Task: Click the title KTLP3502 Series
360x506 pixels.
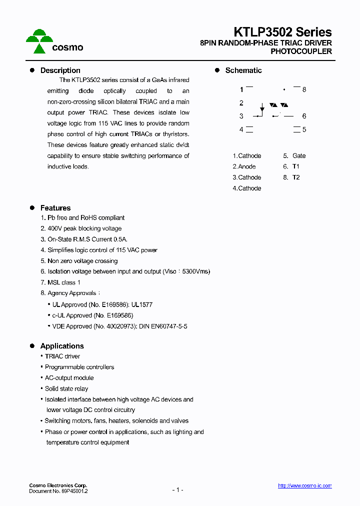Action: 283,32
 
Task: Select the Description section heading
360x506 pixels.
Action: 60,70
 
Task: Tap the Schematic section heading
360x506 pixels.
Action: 243,70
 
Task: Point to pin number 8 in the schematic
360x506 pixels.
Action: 304,89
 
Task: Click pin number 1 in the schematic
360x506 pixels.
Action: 241,89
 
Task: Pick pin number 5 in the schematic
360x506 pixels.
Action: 304,129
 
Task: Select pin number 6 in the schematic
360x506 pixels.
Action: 304,116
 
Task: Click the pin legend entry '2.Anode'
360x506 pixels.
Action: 244,166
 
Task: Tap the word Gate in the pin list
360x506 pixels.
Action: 299,156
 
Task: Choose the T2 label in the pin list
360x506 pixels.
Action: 296,177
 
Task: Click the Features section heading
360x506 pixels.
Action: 55,208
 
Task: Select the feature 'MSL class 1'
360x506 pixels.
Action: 64,282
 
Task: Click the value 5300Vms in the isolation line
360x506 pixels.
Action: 194,271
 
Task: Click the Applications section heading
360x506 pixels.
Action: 62,346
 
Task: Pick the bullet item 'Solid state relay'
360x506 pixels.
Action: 66,388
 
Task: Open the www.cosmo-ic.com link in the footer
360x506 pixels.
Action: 304,485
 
